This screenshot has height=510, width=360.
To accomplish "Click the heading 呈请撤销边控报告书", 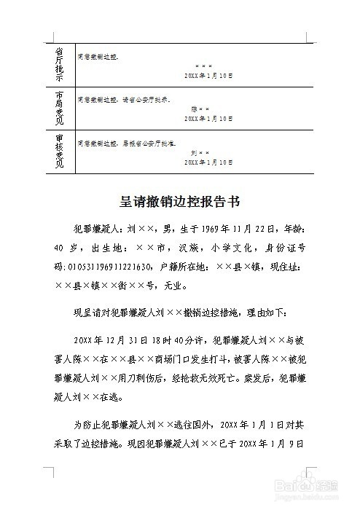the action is click(179, 200).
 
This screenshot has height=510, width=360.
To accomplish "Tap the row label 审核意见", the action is click(60, 152).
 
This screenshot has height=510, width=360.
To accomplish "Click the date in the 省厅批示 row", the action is click(208, 76).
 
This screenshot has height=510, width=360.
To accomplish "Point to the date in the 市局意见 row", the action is click(208, 118).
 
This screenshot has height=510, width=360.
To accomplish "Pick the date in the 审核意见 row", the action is click(208, 162).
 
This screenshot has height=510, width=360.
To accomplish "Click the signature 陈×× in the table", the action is click(200, 109).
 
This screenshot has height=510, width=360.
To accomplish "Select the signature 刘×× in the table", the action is click(200, 152).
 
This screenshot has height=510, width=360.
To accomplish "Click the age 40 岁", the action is click(67, 247).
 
